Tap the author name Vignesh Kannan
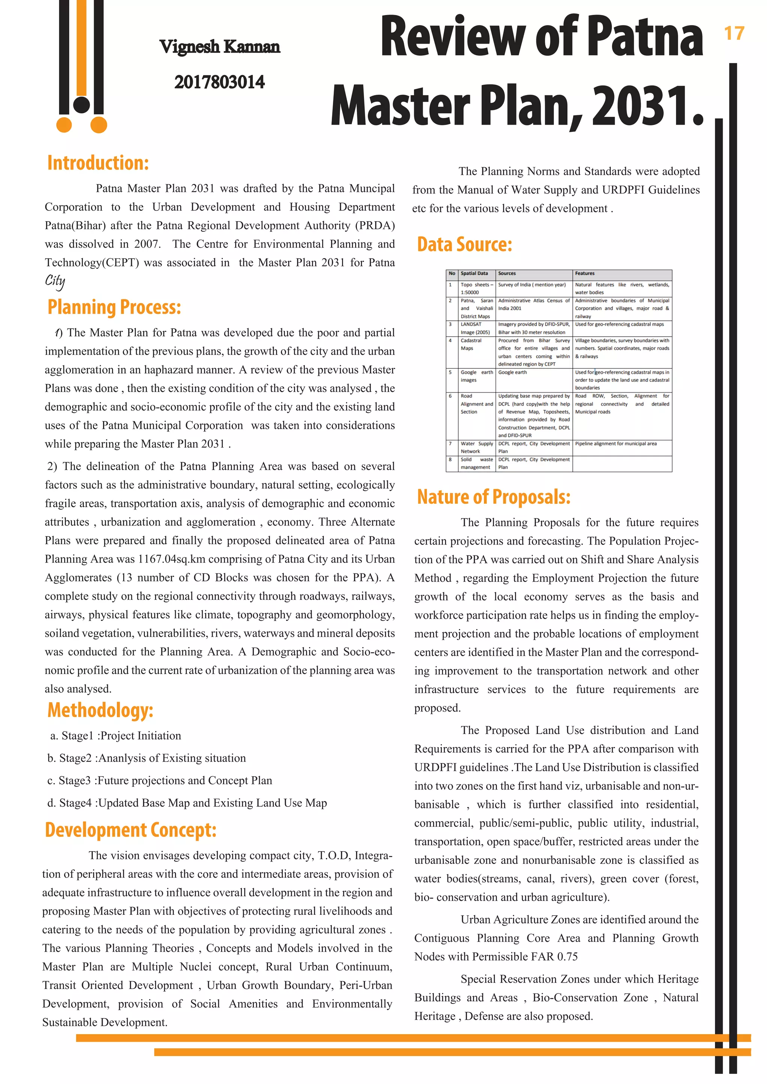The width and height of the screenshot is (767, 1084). click(x=219, y=47)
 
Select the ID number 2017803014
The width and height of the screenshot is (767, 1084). click(x=219, y=82)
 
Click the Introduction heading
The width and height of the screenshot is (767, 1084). click(x=98, y=163)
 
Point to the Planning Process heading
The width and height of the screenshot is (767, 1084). click(x=114, y=307)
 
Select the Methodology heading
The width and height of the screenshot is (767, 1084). click(x=100, y=710)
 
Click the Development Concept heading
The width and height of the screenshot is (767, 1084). click(x=130, y=830)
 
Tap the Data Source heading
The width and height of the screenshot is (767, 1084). click(x=464, y=244)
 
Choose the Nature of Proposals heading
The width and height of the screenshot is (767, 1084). click(x=494, y=497)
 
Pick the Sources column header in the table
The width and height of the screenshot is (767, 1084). click(x=507, y=273)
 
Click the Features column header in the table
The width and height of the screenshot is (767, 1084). click(x=585, y=273)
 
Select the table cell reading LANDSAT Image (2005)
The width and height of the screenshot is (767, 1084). click(x=475, y=328)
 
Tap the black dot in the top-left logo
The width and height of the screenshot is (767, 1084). click(x=82, y=104)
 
